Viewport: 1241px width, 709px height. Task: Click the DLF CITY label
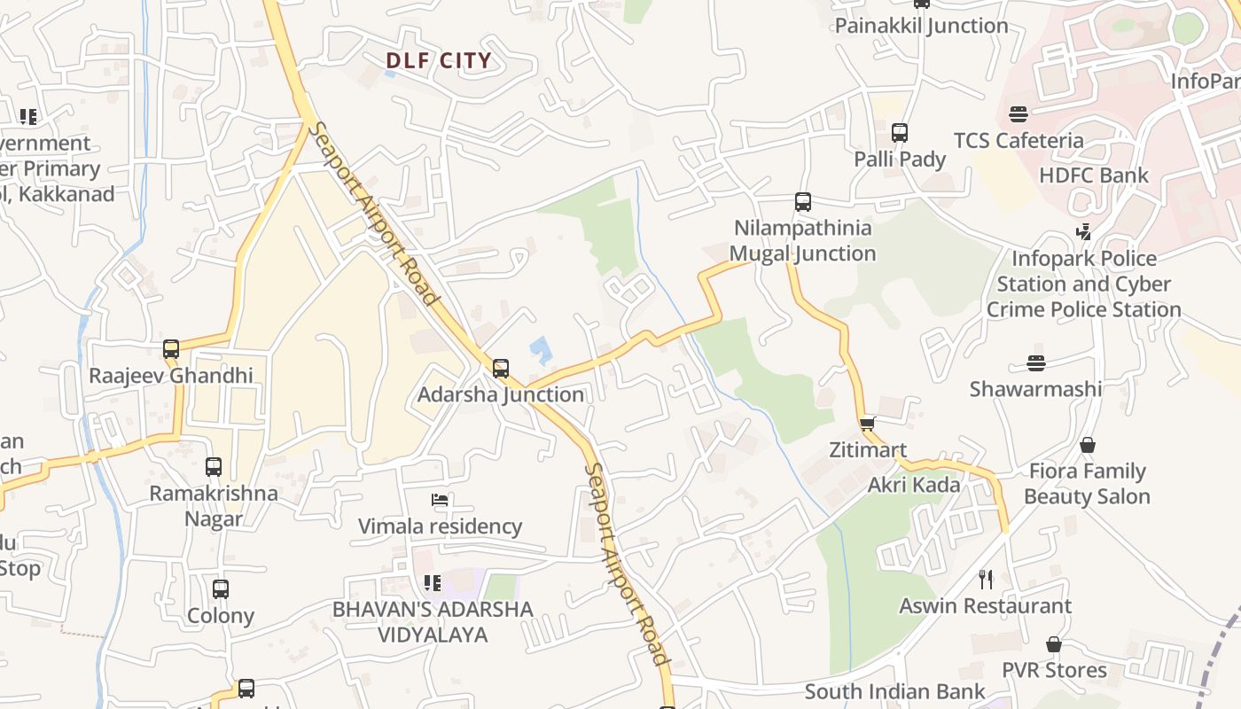(438, 61)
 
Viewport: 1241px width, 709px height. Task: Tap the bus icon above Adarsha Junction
(501, 368)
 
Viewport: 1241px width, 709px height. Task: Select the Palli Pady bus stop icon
(900, 133)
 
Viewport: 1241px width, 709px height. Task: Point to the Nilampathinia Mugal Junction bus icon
(803, 202)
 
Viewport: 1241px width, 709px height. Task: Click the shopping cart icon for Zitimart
(867, 424)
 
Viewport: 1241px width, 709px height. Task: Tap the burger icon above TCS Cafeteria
(1018, 113)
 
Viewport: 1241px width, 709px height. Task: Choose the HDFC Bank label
(1093, 175)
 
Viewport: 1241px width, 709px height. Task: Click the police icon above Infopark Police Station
(1083, 232)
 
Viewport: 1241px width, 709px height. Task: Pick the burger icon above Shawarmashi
(1035, 362)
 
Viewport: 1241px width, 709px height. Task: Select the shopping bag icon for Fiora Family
(1088, 445)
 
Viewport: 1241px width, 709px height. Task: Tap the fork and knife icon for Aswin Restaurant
(986, 580)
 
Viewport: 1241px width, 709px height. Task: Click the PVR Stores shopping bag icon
(1054, 644)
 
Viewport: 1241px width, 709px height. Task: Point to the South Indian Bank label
(894, 691)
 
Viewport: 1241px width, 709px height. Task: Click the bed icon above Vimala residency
(439, 500)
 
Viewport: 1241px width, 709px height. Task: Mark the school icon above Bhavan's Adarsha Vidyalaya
(433, 583)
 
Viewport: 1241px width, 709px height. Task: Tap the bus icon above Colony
(221, 588)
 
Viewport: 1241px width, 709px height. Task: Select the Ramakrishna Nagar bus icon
(214, 467)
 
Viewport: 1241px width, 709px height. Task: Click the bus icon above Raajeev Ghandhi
(171, 349)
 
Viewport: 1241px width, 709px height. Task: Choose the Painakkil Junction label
(921, 26)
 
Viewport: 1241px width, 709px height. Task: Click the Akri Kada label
(914, 485)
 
